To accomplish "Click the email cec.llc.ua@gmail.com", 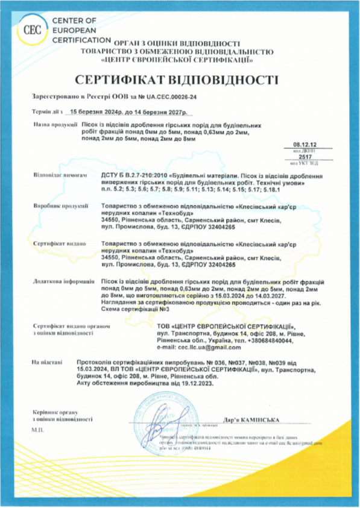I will (x=198, y=347).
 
